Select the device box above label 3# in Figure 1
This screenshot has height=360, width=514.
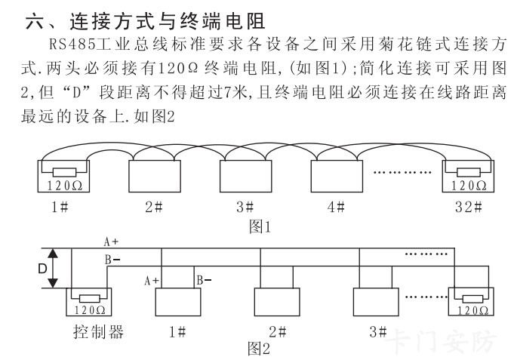(x=246, y=176)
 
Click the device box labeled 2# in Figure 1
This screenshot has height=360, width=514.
(x=155, y=176)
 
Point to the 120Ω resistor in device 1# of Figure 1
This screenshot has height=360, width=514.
(x=63, y=171)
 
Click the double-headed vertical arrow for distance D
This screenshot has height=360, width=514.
(x=54, y=267)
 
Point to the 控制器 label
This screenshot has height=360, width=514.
(x=99, y=331)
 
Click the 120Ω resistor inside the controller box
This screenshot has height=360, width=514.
(x=90, y=298)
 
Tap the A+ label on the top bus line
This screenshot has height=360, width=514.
(x=111, y=242)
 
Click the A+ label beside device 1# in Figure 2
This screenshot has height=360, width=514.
(x=152, y=280)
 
